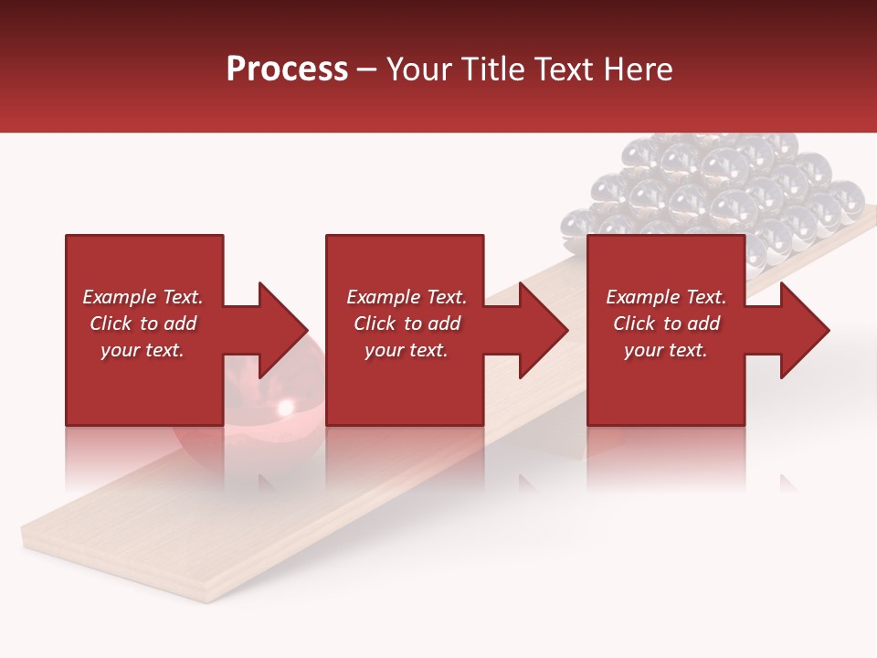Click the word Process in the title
287,69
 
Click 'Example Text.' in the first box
143,297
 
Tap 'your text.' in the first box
143,350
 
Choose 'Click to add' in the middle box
407,324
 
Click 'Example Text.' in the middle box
407,297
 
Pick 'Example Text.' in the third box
666,297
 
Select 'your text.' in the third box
666,350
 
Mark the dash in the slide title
366,70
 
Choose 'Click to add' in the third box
666,324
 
